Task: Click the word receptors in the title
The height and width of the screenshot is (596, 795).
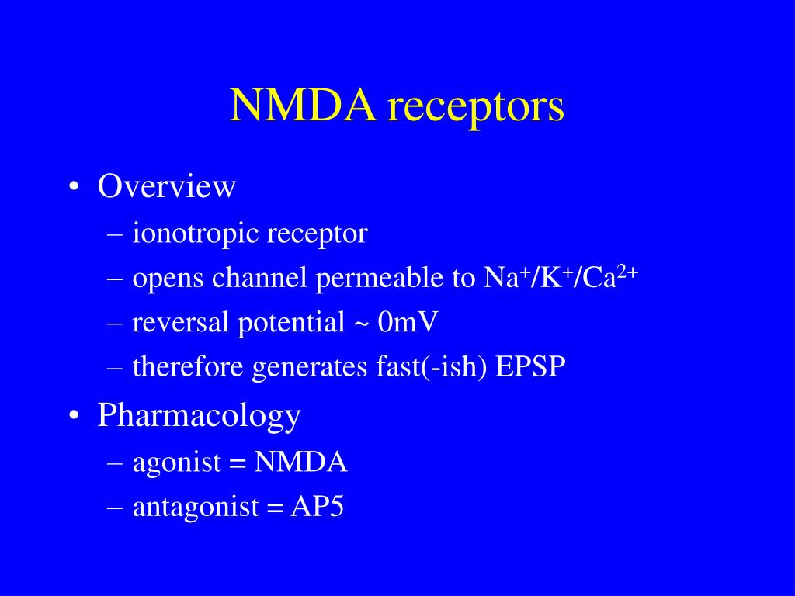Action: [476, 109]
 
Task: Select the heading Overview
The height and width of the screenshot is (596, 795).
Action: [166, 186]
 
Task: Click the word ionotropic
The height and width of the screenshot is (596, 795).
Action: [196, 234]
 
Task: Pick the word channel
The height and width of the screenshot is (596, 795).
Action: [269, 278]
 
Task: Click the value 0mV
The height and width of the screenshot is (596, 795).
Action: [408, 322]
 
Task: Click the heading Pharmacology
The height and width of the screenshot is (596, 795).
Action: [199, 417]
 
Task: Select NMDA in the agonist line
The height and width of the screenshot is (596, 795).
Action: [301, 463]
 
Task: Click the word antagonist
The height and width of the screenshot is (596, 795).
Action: [195, 508]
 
